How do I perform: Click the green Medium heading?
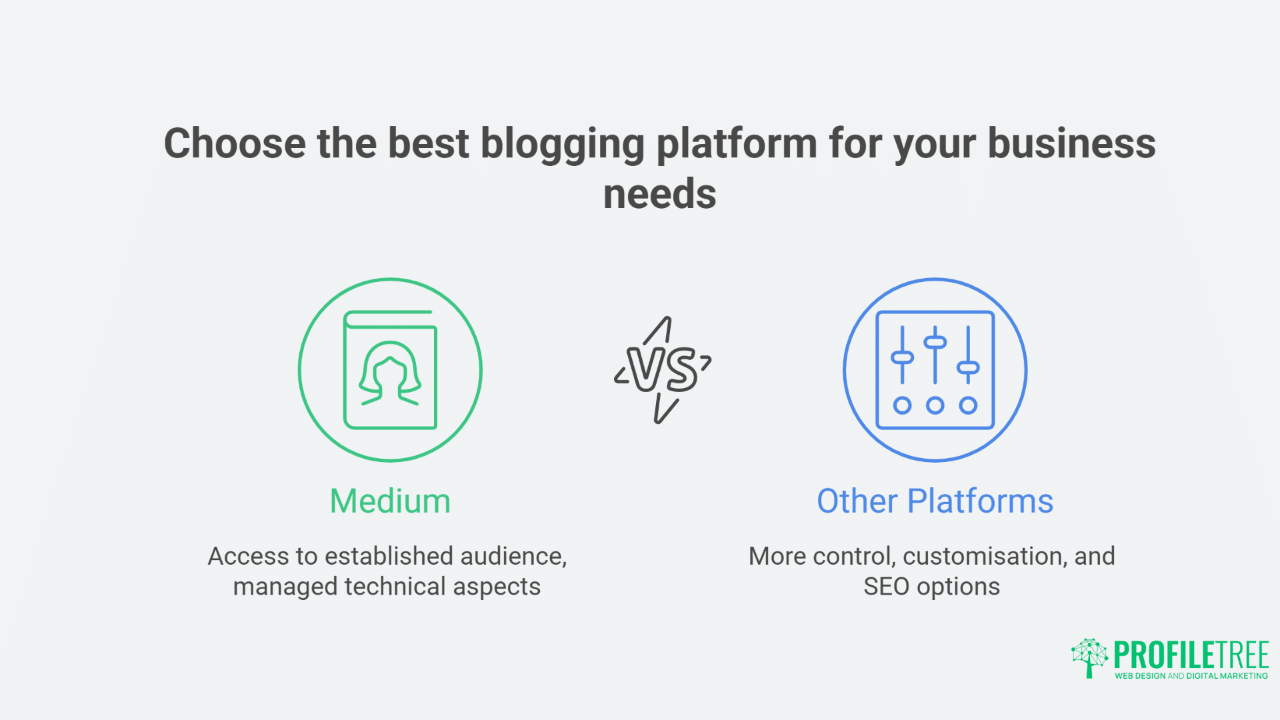tap(390, 501)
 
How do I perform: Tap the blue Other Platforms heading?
tap(935, 501)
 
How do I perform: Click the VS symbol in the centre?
tap(663, 370)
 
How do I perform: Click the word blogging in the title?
tap(562, 144)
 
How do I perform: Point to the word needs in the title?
tap(659, 195)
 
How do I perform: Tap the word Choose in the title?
tap(235, 144)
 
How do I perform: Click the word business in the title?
tap(1071, 144)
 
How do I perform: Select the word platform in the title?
tap(737, 144)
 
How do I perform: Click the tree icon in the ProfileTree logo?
tap(1089, 657)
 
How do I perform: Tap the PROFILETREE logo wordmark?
tap(1191, 655)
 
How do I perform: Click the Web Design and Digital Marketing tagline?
tap(1191, 676)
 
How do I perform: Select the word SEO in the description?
tap(886, 587)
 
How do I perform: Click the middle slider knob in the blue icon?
tap(935, 343)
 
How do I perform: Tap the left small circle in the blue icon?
tap(902, 405)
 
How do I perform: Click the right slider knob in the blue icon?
tap(968, 367)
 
